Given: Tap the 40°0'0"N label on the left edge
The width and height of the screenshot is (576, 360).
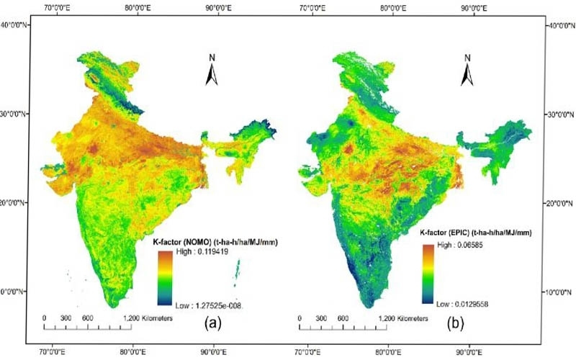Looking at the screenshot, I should (x=16, y=24).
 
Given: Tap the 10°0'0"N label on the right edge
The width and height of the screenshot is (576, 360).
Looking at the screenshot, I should (x=559, y=293).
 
